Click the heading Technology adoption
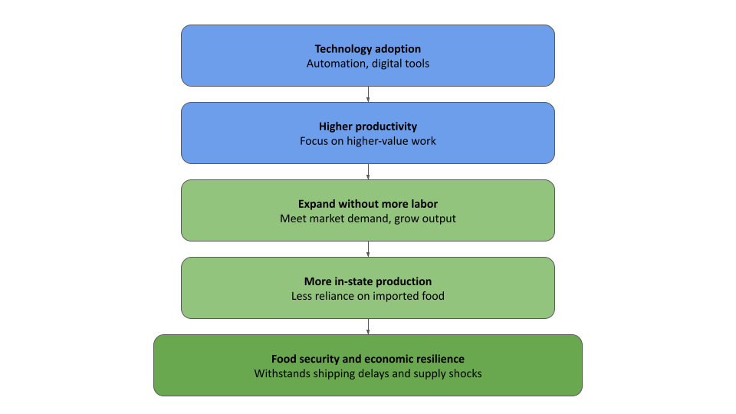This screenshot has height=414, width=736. coord(368,49)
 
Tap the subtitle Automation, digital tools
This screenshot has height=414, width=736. coord(368,64)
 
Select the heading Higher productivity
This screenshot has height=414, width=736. coord(368,127)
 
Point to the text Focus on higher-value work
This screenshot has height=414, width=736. coord(368,141)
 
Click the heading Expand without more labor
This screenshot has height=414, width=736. coord(368,204)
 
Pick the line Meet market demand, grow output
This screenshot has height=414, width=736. coord(368,219)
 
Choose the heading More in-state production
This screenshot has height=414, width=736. coord(368,281)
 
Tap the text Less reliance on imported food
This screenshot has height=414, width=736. coord(368,296)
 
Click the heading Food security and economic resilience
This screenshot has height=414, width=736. coord(368,359)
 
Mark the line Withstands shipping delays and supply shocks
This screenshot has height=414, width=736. coord(368,373)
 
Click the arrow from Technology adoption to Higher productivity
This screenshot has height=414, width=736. coord(368,94)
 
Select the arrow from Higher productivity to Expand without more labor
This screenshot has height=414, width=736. coord(368,172)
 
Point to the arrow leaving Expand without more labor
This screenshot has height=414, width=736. coord(368,249)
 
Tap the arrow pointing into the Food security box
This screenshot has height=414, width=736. coord(368,327)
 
